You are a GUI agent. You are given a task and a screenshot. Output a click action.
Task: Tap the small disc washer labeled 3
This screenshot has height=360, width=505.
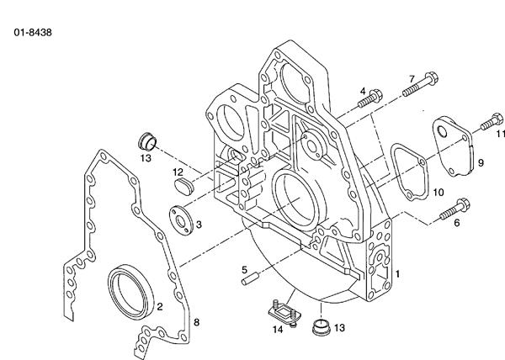click(x=181, y=217)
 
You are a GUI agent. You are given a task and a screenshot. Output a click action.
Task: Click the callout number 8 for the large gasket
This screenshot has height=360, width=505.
click(x=196, y=321)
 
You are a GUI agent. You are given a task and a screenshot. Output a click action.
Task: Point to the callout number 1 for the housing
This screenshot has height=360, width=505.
click(x=397, y=273)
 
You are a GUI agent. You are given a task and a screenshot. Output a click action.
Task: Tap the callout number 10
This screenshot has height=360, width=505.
click(x=438, y=193)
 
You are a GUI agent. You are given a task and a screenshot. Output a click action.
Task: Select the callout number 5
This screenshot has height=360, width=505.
click(x=244, y=269)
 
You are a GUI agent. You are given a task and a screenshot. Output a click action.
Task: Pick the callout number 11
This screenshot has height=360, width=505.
click(x=499, y=134)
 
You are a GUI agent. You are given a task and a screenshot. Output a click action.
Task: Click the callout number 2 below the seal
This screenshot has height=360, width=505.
click(x=158, y=306)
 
